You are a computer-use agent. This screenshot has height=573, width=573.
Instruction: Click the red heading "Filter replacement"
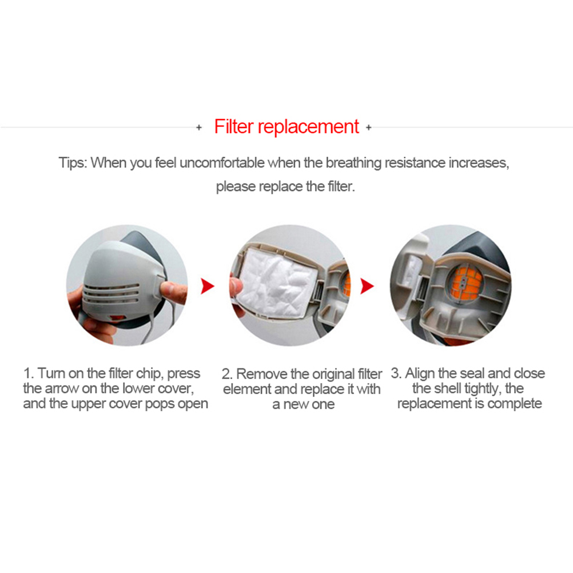[x=286, y=127]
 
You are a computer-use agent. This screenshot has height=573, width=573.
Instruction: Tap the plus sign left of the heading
[x=199, y=128]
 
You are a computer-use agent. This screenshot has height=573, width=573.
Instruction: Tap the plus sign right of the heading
[x=369, y=128]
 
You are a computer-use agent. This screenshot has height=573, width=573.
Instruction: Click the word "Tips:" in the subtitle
[x=73, y=163]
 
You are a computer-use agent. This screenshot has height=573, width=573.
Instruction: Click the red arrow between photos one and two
[x=208, y=286]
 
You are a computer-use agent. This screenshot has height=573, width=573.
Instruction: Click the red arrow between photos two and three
[x=367, y=286]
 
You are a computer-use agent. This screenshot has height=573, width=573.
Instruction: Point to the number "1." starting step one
[x=29, y=373]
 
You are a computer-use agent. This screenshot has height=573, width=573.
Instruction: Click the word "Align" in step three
[x=420, y=373]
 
